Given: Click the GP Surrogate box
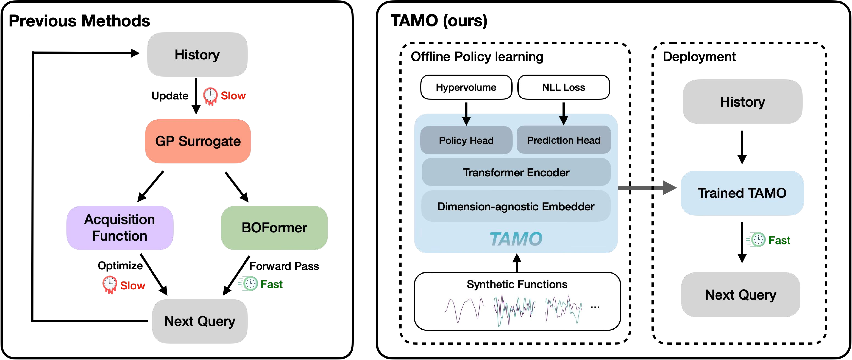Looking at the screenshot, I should (x=198, y=141).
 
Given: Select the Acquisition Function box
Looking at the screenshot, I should (x=120, y=228).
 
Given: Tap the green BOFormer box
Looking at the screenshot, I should (x=274, y=228).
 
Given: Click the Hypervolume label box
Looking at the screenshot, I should (x=466, y=87).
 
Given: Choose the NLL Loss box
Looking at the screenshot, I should (x=564, y=87).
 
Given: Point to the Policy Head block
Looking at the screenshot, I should (x=466, y=140).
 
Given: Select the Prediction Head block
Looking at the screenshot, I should (x=564, y=140).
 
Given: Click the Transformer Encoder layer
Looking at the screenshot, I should (x=516, y=172).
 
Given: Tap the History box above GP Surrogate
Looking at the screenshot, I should (x=197, y=55).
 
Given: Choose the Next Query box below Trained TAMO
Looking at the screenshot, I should (x=740, y=295).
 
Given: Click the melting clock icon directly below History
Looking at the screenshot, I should (x=210, y=96).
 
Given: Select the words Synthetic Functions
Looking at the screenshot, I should (x=517, y=284).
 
